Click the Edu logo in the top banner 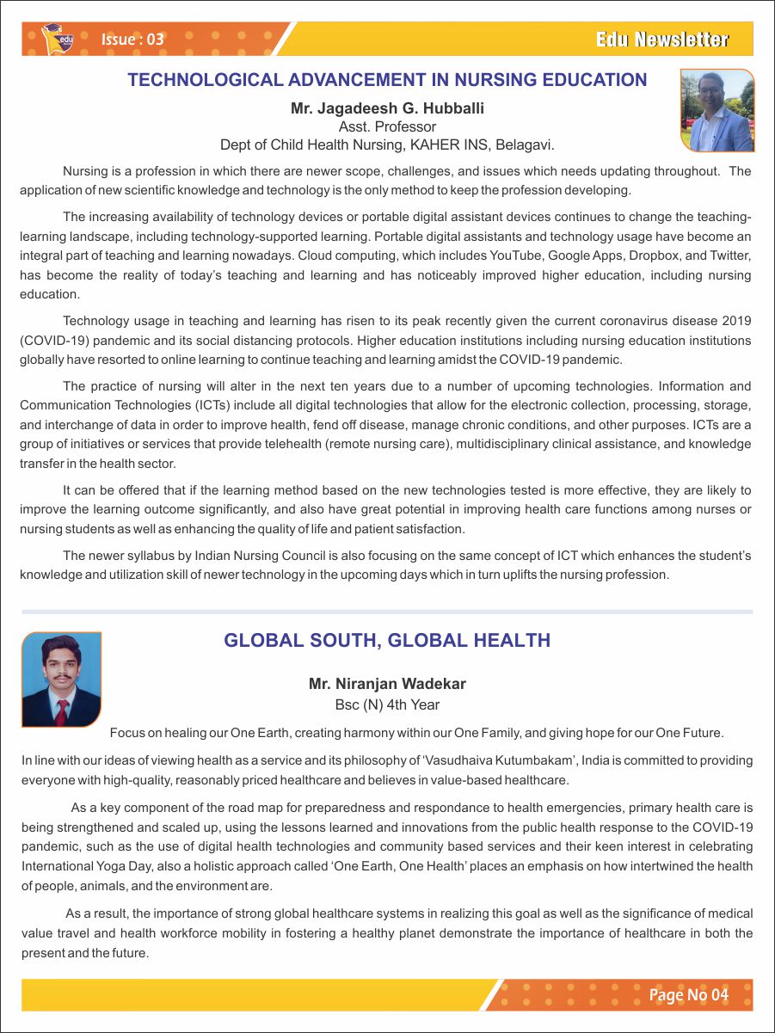[58, 38]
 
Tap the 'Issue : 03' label [132, 40]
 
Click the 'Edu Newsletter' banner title [661, 40]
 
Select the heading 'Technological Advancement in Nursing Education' [387, 81]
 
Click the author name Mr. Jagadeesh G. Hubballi [387, 108]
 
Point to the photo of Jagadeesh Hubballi [717, 110]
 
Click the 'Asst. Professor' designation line [387, 126]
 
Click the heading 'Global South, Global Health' [387, 641]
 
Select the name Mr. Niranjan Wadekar [387, 685]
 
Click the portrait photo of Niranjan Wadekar [61, 679]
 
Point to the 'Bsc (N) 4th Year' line [387, 705]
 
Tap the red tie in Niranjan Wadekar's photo [62, 713]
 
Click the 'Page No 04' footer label [688, 995]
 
